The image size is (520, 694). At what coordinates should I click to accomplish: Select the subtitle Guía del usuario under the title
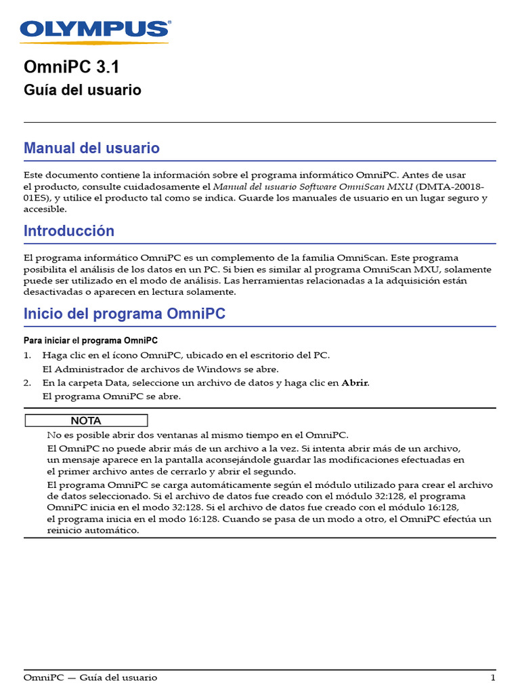(83, 90)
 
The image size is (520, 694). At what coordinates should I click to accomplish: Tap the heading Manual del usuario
(91, 148)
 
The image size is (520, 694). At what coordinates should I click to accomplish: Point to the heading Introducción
(69, 231)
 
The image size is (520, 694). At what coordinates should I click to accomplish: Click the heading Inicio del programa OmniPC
(125, 314)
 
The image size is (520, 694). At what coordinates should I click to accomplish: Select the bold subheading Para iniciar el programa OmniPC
(91, 340)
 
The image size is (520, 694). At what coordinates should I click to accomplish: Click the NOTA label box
(86, 421)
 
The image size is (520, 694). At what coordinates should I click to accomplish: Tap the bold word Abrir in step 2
(355, 383)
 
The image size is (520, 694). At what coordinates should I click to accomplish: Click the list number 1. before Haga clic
(28, 355)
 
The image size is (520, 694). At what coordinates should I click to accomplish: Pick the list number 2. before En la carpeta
(28, 383)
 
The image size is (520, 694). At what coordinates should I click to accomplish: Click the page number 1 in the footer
(493, 678)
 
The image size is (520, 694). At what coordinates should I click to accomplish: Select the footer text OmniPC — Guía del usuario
(90, 678)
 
